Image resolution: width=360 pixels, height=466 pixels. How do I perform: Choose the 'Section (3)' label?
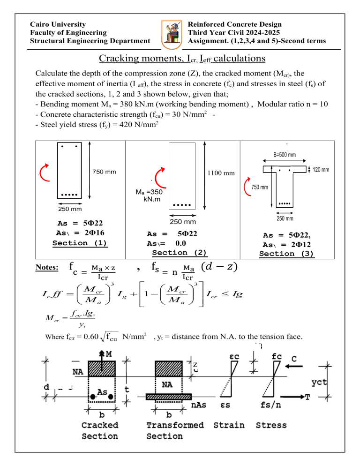(x=287, y=254)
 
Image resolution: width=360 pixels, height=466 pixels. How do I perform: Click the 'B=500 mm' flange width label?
(x=285, y=154)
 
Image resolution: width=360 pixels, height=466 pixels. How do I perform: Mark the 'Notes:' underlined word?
(x=47, y=268)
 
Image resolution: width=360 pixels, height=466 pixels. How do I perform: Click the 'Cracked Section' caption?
(x=100, y=430)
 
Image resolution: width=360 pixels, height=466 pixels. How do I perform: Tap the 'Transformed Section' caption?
(x=175, y=430)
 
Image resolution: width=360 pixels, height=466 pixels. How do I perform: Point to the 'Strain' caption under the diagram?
(x=229, y=425)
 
